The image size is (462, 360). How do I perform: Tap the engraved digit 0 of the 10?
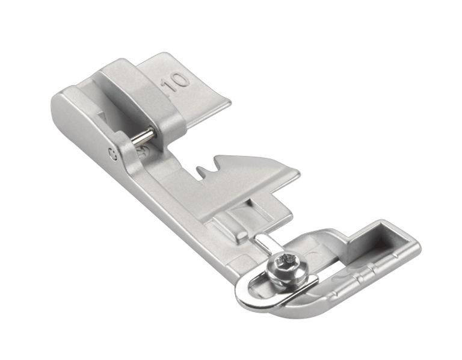pyautogui.click(x=180, y=80)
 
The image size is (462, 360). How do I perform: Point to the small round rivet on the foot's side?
pyautogui.click(x=112, y=153)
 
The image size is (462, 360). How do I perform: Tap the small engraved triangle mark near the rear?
pyautogui.click(x=103, y=116)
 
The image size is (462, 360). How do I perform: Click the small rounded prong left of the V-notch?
pyautogui.click(x=201, y=170)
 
